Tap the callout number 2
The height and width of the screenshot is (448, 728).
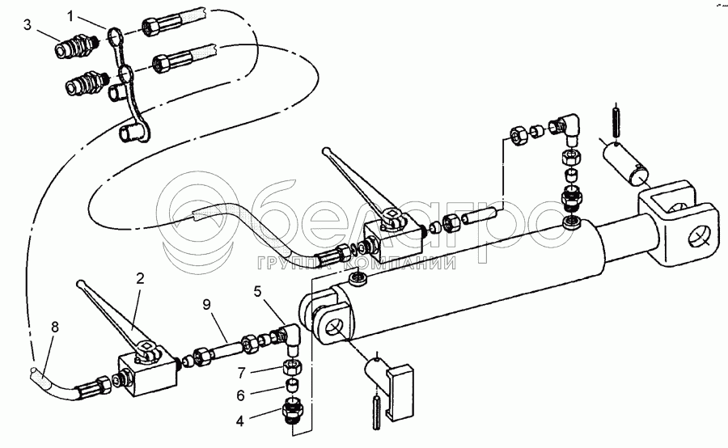pyautogui.click(x=140, y=278)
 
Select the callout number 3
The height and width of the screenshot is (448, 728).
pyautogui.click(x=27, y=24)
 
